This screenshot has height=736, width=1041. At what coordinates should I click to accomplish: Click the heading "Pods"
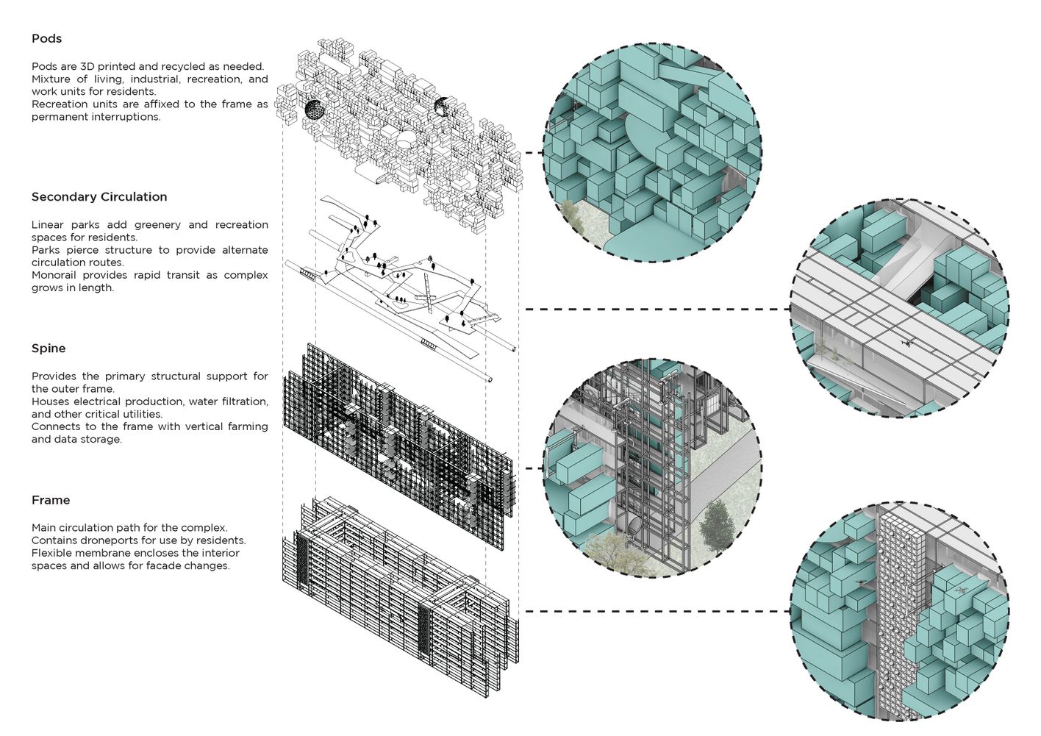(x=46, y=39)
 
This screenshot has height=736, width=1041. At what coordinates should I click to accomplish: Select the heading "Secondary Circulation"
(x=99, y=197)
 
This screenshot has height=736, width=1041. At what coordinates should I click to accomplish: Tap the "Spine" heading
(x=49, y=349)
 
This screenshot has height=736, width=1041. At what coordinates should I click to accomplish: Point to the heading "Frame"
(x=51, y=500)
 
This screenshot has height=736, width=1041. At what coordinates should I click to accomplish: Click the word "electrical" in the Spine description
(x=99, y=401)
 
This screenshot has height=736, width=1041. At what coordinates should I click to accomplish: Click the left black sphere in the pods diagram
(x=314, y=110)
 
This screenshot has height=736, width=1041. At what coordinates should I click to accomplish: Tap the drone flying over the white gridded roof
(x=906, y=342)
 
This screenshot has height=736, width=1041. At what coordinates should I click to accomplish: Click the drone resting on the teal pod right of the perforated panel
(x=959, y=590)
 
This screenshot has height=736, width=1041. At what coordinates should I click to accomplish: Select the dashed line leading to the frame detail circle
(x=654, y=611)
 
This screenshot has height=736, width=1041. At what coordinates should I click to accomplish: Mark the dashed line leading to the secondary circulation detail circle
(x=654, y=310)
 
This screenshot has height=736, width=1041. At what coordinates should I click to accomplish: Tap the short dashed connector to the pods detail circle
(x=532, y=153)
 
